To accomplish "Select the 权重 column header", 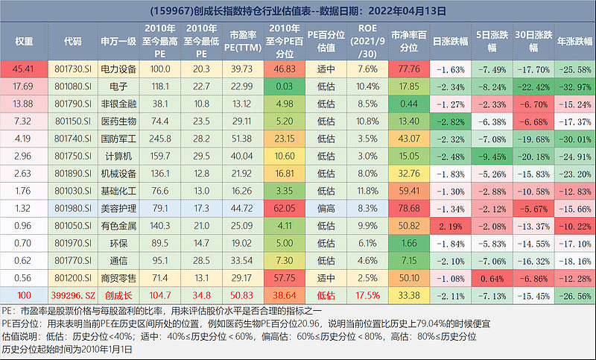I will pyautogui.click(x=24, y=42).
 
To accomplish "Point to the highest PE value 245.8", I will pyautogui.click(x=161, y=139).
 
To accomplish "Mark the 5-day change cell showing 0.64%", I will pyautogui.click(x=492, y=277).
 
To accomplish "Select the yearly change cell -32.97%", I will pyautogui.click(x=574, y=86).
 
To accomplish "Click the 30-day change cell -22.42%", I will pyautogui.click(x=533, y=86).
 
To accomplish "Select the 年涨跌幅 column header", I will pyautogui.click(x=574, y=42).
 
